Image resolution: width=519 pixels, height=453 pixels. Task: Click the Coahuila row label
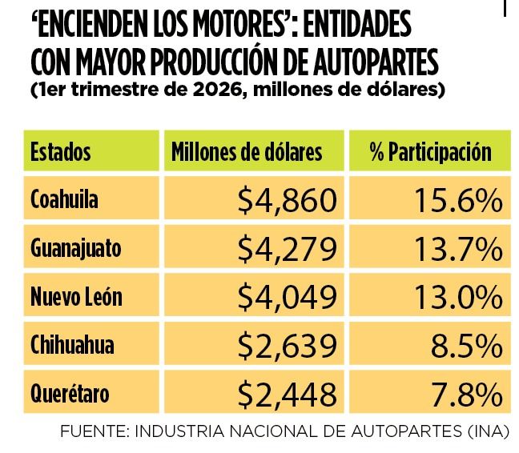(64, 199)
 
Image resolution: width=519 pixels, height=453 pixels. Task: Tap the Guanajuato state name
(76, 248)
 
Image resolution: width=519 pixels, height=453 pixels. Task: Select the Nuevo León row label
(76, 296)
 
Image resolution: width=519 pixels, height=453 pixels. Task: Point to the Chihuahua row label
(72, 344)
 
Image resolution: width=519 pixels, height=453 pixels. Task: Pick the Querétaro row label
(70, 393)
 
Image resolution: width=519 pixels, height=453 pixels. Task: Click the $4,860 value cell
(288, 200)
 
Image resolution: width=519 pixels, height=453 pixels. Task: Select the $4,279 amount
(288, 249)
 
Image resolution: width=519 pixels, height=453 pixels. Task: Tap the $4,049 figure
(288, 297)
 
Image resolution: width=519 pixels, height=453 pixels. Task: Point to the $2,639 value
(288, 345)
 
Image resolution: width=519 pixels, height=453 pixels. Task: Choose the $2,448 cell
(288, 394)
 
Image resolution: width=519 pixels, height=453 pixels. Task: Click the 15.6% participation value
(458, 200)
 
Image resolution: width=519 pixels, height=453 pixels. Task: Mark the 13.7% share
(458, 249)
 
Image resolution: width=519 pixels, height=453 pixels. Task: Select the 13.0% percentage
(458, 297)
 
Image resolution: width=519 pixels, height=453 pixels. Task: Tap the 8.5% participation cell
(467, 345)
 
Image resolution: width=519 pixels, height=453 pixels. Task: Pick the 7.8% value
(467, 394)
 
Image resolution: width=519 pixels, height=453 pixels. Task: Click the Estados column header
(61, 152)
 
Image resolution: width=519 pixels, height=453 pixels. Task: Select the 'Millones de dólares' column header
(247, 152)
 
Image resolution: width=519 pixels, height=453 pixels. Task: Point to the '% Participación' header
(431, 152)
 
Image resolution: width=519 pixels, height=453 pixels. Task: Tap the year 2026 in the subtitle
(216, 89)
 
